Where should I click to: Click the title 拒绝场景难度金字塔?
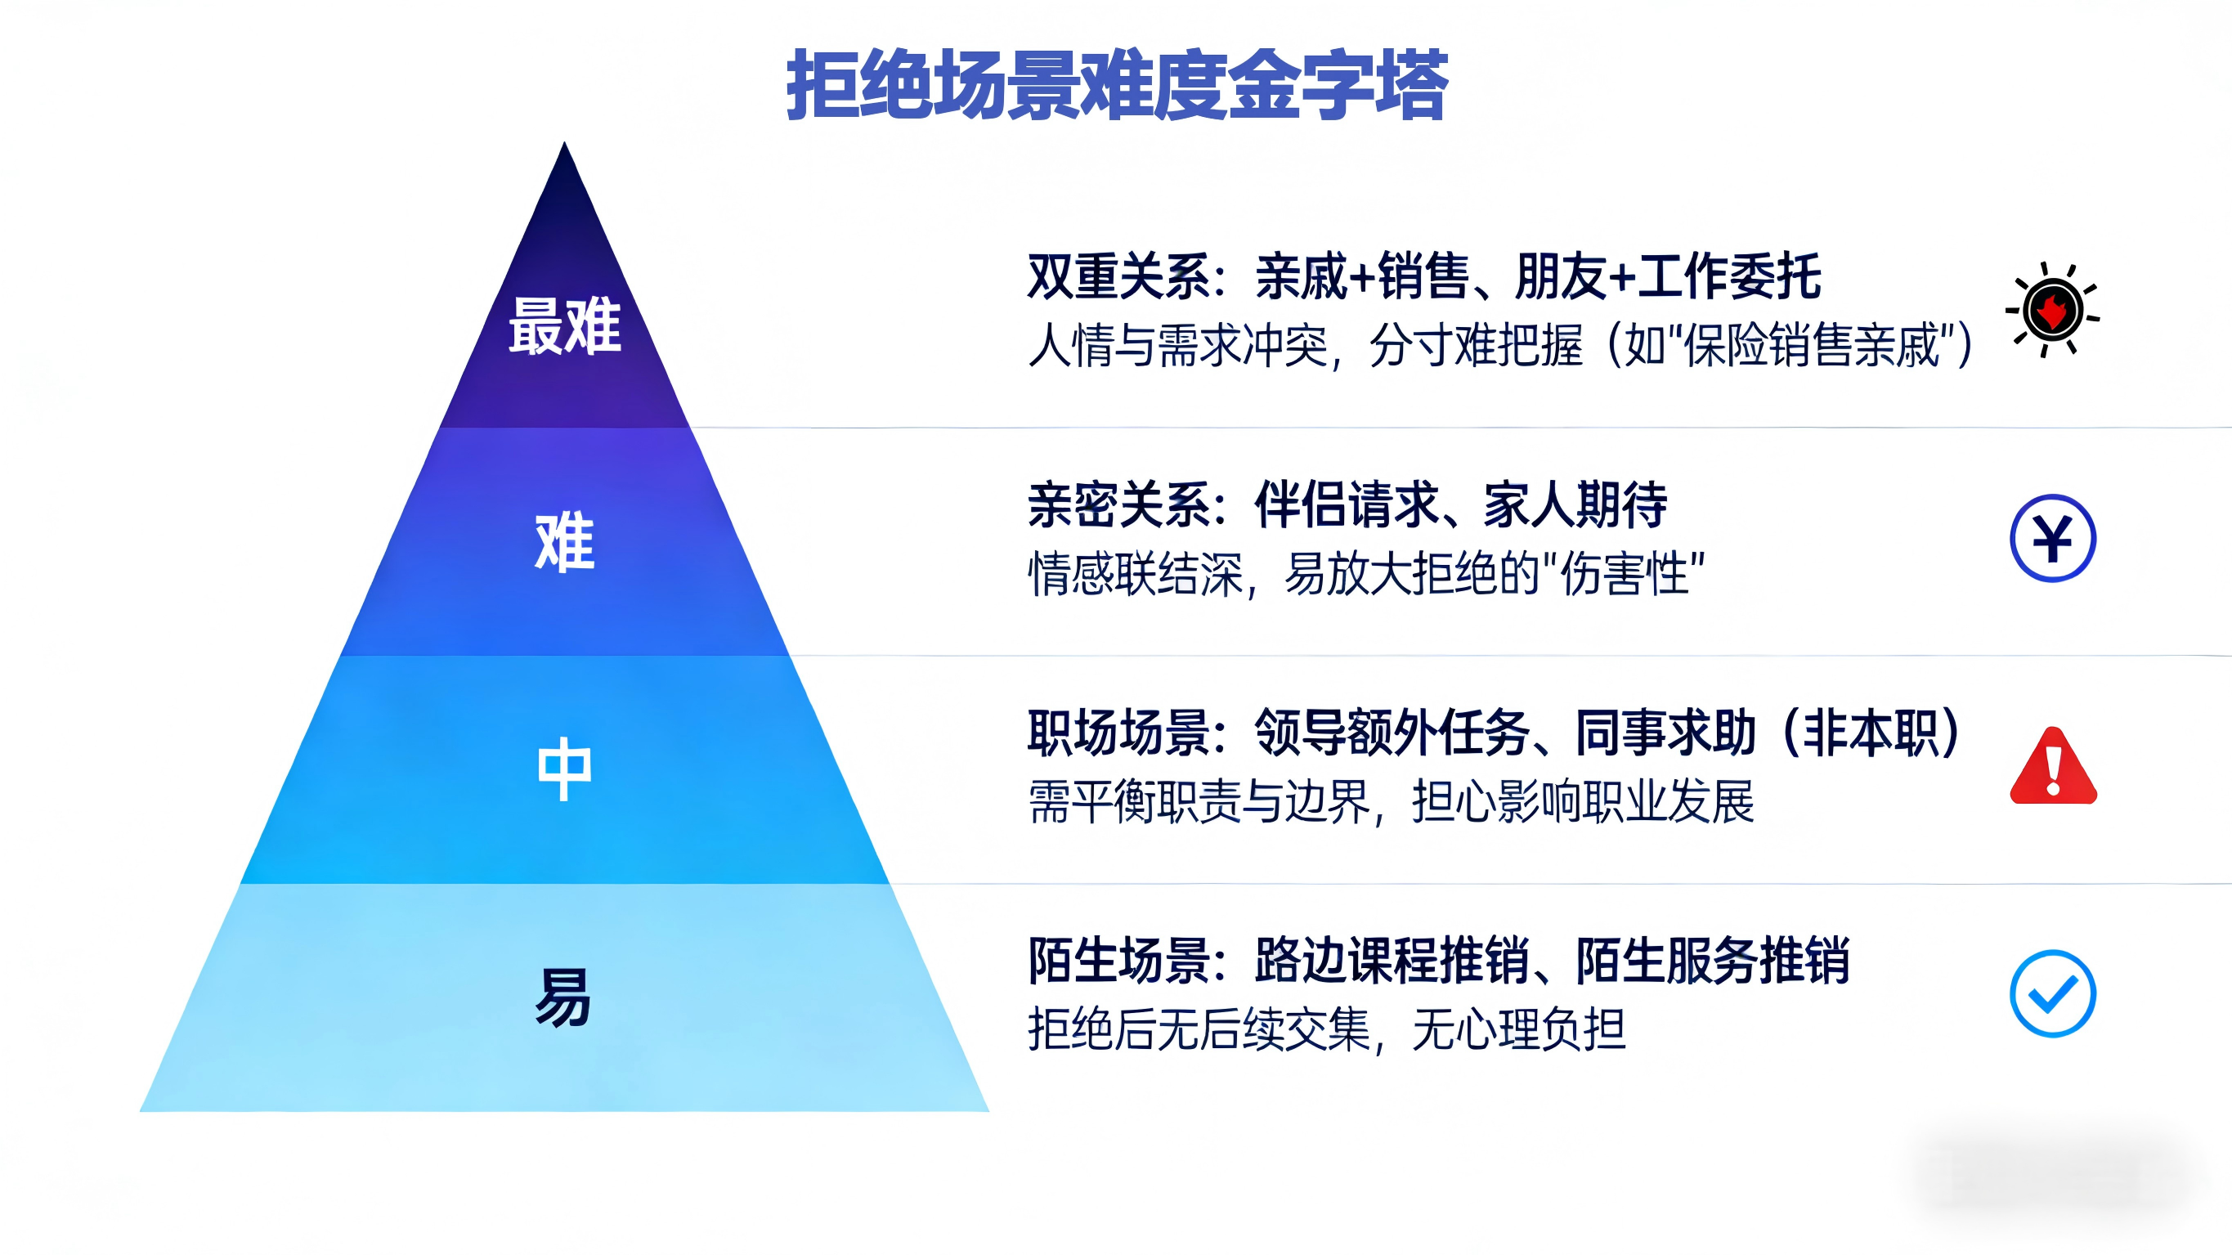click(x=1117, y=84)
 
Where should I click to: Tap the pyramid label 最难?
click(x=565, y=326)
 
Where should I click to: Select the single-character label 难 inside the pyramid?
click(x=565, y=542)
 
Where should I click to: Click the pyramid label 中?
click(x=565, y=769)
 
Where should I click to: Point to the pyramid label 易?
click(x=563, y=997)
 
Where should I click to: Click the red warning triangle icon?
click(x=2053, y=765)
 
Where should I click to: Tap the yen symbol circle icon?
click(x=2053, y=538)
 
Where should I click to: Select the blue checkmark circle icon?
click(x=2053, y=993)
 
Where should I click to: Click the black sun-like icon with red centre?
click(x=2053, y=309)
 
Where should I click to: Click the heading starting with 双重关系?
click(x=1424, y=276)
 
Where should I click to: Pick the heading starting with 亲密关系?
click(x=1347, y=504)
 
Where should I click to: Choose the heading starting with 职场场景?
click(x=1494, y=733)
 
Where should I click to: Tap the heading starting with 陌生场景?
click(x=1438, y=961)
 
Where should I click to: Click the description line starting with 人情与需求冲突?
click(x=1501, y=346)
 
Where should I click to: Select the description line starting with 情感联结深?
click(x=1366, y=574)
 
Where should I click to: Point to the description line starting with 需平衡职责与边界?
click(x=1391, y=802)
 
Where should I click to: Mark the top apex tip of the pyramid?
click(x=564, y=142)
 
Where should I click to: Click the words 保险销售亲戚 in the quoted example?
click(x=1812, y=346)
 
